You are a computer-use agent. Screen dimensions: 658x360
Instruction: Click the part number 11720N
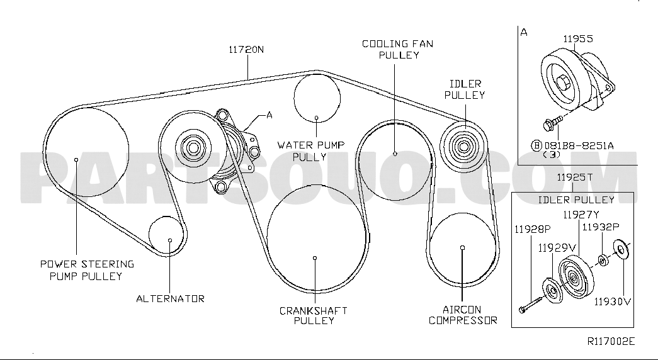pyautogui.click(x=246, y=49)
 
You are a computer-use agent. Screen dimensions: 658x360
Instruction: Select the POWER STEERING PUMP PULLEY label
pyautogui.click(x=87, y=270)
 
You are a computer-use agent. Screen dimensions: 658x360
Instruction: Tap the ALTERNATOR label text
pyautogui.click(x=171, y=299)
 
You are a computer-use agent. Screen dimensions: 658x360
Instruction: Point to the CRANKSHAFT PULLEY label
pyautogui.click(x=314, y=315)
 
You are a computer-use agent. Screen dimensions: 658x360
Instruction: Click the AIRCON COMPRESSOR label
pyautogui.click(x=463, y=315)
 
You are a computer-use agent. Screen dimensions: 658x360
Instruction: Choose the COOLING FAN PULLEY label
pyautogui.click(x=398, y=49)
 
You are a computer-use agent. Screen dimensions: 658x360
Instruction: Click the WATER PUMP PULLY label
pyautogui.click(x=310, y=151)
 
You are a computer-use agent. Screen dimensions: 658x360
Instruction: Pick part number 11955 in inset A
pyautogui.click(x=578, y=39)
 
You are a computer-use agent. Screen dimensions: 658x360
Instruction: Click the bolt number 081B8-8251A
pyautogui.click(x=579, y=145)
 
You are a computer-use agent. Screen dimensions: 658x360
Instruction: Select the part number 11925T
pyautogui.click(x=575, y=177)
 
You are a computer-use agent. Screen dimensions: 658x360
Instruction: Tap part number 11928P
pyautogui.click(x=533, y=229)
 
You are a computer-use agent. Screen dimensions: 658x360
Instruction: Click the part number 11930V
pyautogui.click(x=613, y=301)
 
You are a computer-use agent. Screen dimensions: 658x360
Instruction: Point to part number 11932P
pyautogui.click(x=601, y=227)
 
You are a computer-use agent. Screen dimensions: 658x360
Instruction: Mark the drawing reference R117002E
pyautogui.click(x=611, y=341)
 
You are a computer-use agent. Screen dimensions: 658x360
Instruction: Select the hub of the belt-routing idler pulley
pyautogui.click(x=463, y=147)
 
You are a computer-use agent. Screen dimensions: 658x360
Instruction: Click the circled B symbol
pyautogui.click(x=537, y=145)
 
